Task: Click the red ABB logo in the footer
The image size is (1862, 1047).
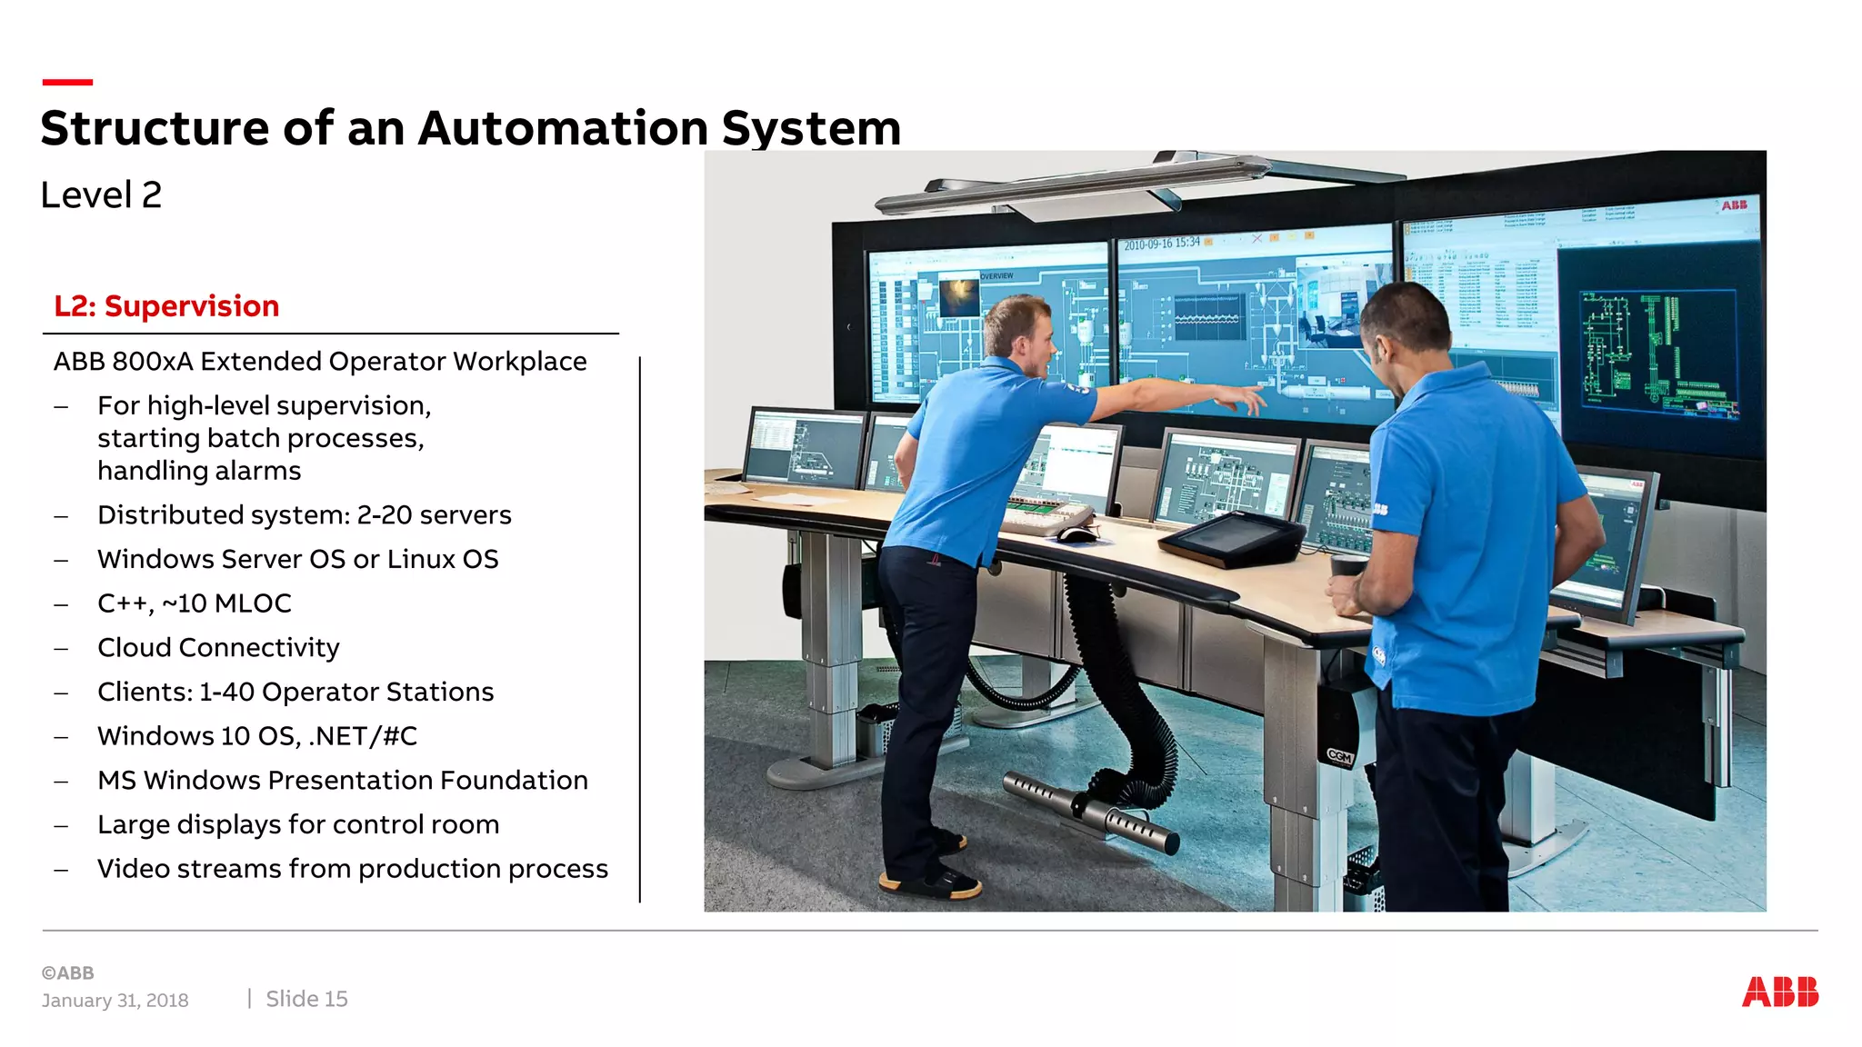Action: coord(1779,992)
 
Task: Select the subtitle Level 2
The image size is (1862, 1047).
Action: coord(101,195)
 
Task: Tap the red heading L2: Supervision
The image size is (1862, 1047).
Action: coord(166,306)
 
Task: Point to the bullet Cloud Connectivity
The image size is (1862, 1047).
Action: coord(218,648)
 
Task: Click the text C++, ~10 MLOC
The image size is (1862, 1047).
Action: coord(195,603)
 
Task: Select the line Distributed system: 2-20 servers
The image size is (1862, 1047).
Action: coord(305,515)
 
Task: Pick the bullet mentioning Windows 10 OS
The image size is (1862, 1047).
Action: coord(257,736)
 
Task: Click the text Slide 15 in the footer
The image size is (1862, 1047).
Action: coord(306,999)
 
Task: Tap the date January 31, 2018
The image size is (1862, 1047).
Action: coord(115,1001)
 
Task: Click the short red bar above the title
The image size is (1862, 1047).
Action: coord(67,82)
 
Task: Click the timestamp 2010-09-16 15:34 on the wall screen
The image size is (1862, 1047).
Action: coord(1161,244)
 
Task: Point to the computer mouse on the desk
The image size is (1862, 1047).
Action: coord(1076,534)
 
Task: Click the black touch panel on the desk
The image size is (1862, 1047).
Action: coord(1233,538)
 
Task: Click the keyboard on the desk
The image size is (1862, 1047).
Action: coord(1046,517)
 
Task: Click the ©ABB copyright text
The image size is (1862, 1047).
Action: coord(68,973)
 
